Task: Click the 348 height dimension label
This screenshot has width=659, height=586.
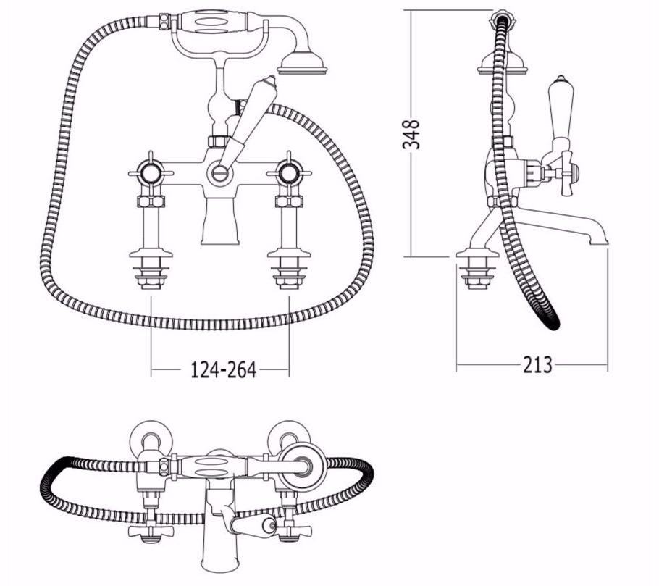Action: [x=411, y=134]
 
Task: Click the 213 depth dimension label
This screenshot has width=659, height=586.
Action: [x=537, y=364]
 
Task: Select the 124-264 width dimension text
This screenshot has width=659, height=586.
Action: [x=224, y=370]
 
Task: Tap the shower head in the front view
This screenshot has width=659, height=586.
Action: [x=302, y=63]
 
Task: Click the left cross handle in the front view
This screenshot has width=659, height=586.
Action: [x=151, y=173]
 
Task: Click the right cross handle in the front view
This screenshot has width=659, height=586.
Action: [x=289, y=173]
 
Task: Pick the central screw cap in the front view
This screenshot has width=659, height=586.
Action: [x=220, y=172]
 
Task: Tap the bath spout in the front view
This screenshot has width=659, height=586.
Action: [x=220, y=221]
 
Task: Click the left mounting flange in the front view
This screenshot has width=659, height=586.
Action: [x=151, y=254]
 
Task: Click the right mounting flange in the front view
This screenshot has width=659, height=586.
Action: [x=289, y=254]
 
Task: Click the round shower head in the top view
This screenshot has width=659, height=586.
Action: [x=304, y=466]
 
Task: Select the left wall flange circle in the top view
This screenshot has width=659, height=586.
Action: [x=151, y=438]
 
